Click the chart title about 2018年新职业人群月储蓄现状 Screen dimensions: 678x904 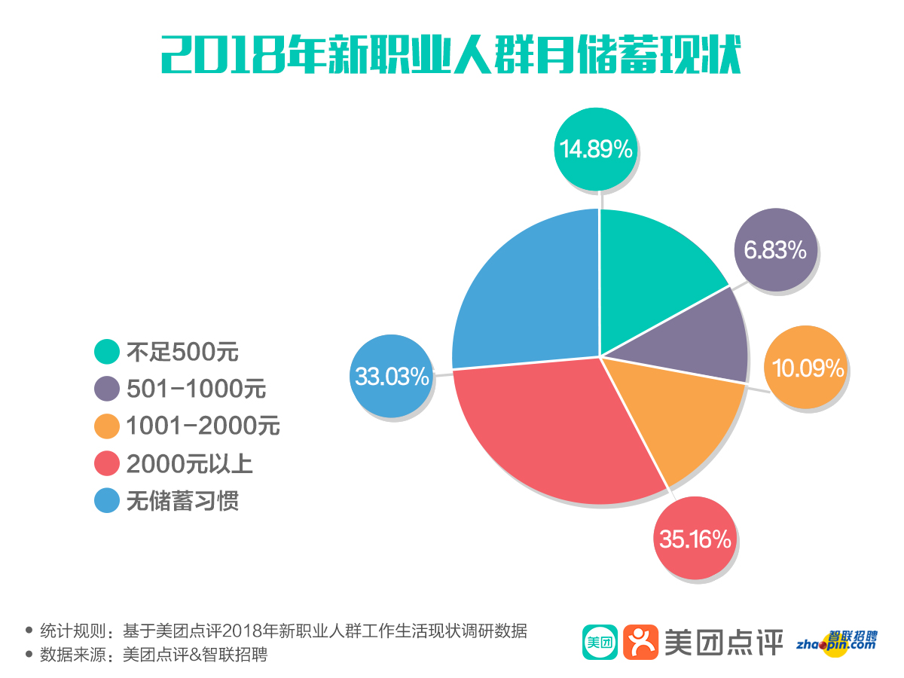(451, 54)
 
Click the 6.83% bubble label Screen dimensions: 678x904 (775, 249)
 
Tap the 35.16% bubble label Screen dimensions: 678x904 (695, 539)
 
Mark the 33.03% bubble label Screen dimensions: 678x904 (392, 376)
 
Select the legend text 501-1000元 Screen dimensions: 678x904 (196, 389)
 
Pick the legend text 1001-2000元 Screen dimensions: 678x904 (203, 426)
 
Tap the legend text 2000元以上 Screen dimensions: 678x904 (190, 464)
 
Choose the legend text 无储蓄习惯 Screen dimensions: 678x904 (182, 501)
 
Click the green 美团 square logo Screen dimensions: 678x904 (600, 642)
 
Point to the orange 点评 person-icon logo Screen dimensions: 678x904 (641, 642)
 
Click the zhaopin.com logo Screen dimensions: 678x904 (838, 643)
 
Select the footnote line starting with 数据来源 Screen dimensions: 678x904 (154, 655)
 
